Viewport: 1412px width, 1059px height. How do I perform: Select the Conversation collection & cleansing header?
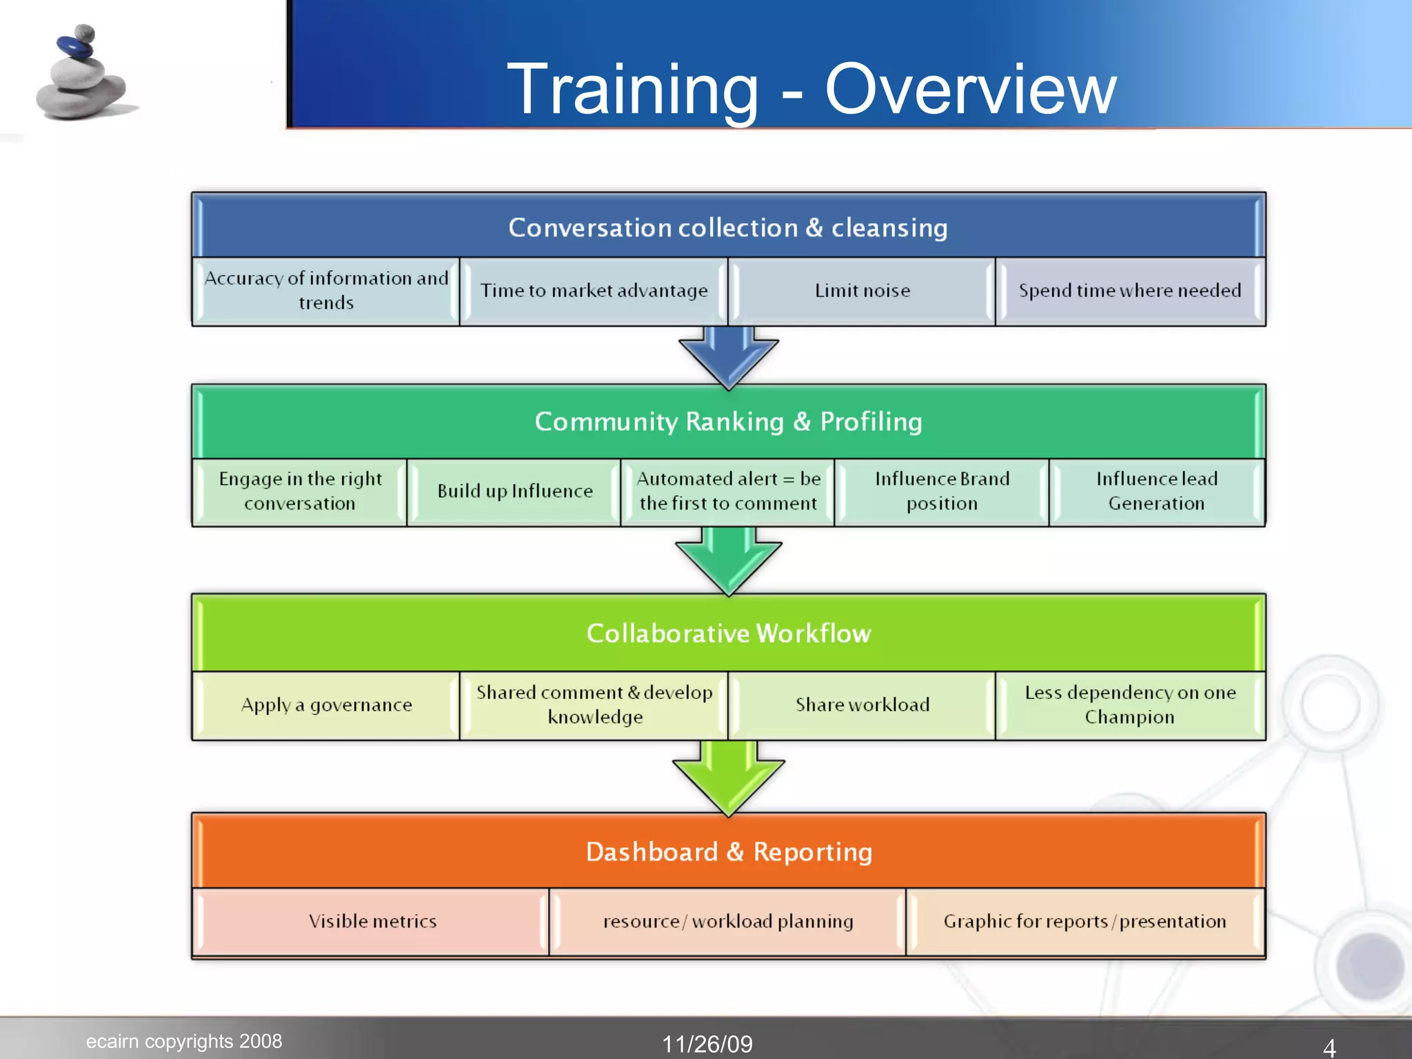(728, 228)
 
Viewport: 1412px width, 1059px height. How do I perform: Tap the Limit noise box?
(862, 291)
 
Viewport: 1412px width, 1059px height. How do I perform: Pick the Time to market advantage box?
(594, 291)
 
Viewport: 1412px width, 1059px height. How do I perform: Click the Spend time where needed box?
(1130, 291)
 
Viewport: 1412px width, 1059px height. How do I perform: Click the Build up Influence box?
(514, 492)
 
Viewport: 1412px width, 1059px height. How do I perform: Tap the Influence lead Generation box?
(1156, 492)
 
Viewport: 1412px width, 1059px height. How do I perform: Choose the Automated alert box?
(728, 492)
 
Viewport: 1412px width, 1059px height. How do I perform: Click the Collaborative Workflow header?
(728, 634)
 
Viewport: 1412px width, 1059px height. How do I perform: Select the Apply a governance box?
(326, 705)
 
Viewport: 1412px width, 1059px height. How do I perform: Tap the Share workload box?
(862, 705)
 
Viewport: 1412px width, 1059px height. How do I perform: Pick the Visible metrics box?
(372, 922)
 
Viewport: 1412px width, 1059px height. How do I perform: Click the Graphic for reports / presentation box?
(1085, 922)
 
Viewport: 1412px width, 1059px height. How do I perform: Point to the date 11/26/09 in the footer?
(707, 1044)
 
